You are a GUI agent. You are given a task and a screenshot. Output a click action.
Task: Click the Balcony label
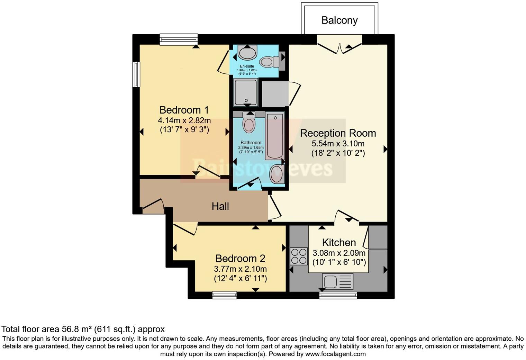[339, 20]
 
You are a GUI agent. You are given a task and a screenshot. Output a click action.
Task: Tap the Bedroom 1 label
[184, 110]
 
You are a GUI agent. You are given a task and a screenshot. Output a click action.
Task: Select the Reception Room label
[338, 133]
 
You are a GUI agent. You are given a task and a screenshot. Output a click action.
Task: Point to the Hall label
[220, 207]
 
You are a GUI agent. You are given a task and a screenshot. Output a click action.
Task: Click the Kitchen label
[339, 242]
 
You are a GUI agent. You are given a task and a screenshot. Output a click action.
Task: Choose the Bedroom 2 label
[240, 259]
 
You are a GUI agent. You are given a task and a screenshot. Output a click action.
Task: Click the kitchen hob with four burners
[299, 256]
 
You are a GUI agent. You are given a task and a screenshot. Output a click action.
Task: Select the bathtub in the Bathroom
[275, 136]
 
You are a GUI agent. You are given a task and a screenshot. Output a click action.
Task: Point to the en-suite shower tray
[246, 92]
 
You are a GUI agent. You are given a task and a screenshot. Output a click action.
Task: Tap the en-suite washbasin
[247, 53]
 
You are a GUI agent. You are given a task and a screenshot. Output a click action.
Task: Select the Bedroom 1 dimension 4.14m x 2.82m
[184, 121]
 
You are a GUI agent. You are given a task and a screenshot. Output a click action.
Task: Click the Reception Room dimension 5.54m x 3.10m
[338, 143]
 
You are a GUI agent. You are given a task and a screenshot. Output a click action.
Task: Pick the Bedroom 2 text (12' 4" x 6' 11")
[240, 278]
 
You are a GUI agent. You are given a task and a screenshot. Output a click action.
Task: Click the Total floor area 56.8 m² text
[83, 329]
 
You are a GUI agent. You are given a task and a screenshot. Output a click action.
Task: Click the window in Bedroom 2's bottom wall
[224, 295]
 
